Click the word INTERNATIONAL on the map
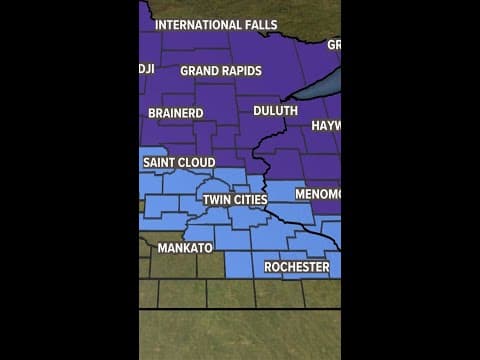pos(190,24)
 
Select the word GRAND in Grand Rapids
pos(200,71)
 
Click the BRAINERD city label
pos(177,113)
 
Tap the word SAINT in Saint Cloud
pos(160,162)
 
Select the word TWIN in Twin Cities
pos(217,200)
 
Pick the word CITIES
pos(250,200)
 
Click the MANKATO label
pos(185,247)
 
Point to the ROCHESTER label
pos(296,267)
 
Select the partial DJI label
pos(146,68)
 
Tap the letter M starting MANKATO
pos(162,247)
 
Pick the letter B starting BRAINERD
pos(152,113)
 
